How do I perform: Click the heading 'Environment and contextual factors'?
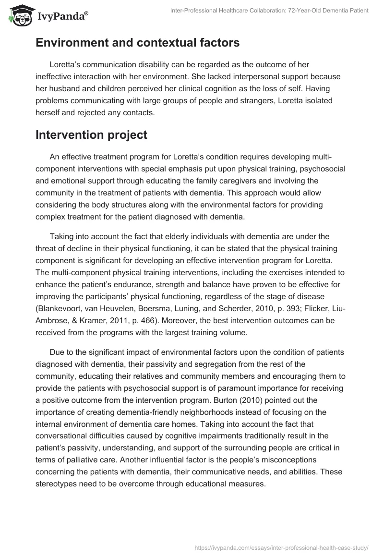click(137, 43)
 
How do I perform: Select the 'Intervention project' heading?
click(91, 135)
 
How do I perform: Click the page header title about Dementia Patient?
click(269, 11)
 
